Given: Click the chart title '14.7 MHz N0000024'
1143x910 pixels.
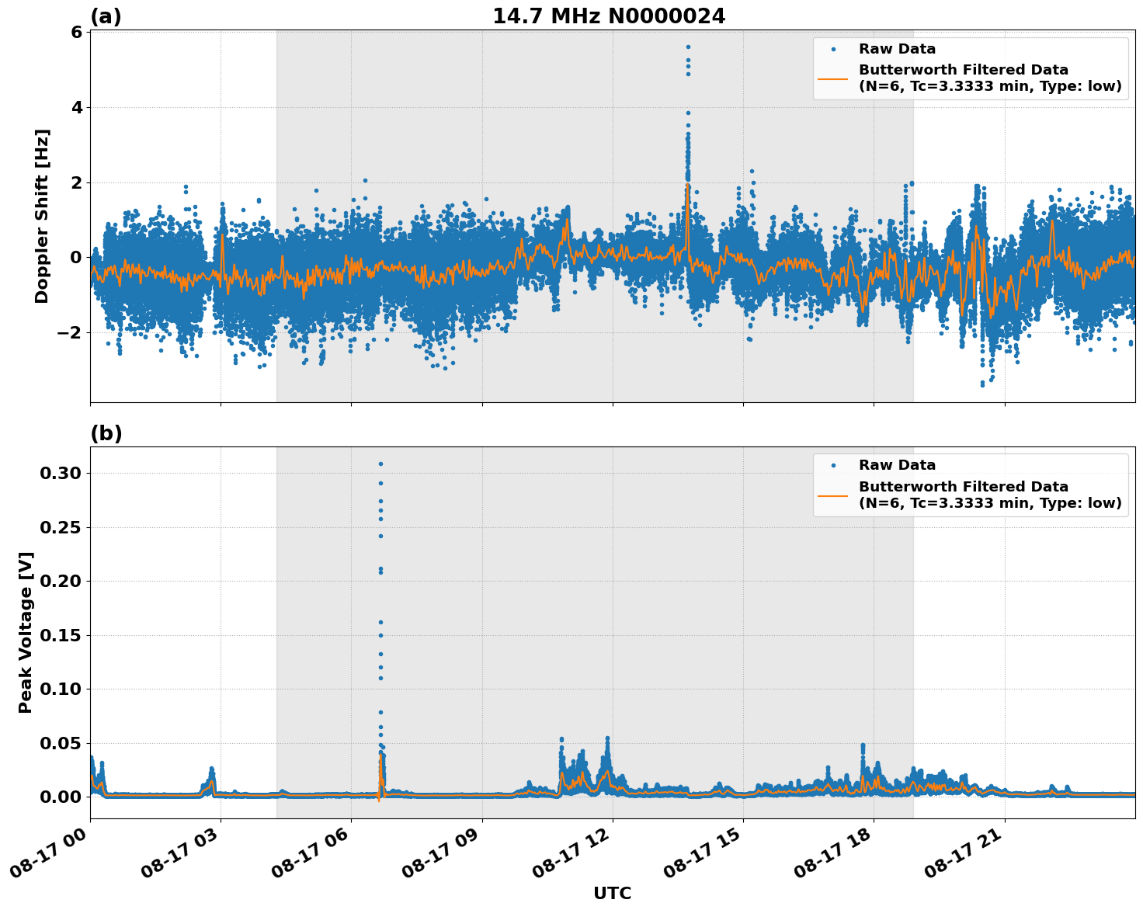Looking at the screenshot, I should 609,16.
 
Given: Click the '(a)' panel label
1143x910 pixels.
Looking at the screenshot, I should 106,16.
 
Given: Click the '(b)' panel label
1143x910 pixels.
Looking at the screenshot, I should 106,433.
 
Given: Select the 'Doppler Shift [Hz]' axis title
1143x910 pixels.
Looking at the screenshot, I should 42,216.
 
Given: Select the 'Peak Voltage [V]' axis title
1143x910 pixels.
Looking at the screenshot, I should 26,632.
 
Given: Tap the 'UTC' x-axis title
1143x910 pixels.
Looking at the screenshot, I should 612,893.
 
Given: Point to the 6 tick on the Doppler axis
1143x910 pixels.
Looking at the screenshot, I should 76,32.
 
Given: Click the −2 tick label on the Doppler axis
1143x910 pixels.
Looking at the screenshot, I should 71,332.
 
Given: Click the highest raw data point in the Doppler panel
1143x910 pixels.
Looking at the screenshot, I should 688,47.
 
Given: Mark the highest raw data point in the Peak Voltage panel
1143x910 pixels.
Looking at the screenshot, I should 380,464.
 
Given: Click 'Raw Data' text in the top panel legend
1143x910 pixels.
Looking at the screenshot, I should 897,49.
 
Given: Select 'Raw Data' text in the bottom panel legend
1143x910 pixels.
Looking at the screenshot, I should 897,465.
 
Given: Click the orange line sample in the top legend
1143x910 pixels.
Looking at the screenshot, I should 833,78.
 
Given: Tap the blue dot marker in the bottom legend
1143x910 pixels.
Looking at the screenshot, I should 833,465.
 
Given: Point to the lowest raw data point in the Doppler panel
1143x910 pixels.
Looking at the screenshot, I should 982,384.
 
